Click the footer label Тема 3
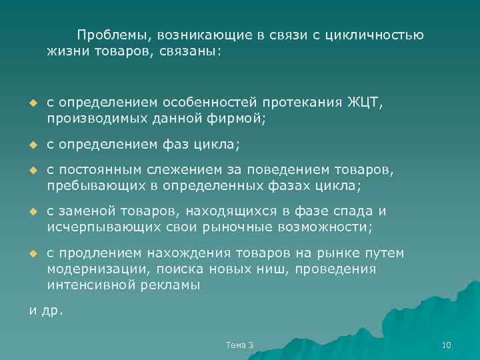(x=239, y=344)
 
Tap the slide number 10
(x=447, y=344)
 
